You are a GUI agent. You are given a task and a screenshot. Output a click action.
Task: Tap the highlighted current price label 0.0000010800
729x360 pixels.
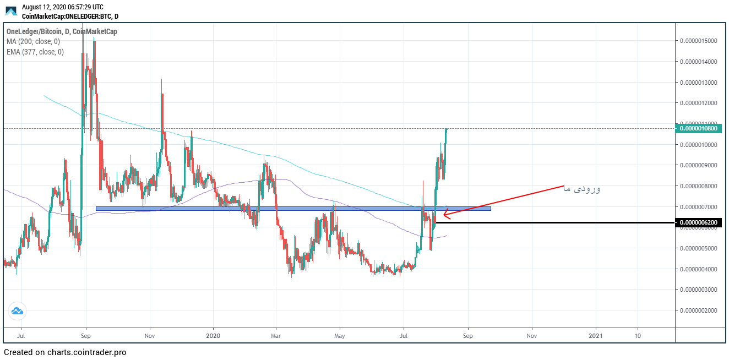(x=698, y=128)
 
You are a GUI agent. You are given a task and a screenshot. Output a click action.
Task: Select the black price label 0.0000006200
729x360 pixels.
(x=698, y=222)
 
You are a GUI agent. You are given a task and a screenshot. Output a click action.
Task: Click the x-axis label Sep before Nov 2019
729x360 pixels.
(x=85, y=335)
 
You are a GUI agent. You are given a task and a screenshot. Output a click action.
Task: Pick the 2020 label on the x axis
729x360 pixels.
(x=213, y=335)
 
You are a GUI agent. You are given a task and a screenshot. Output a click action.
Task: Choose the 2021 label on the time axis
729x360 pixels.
(x=596, y=335)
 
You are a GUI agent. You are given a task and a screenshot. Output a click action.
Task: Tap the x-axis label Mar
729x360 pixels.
(x=276, y=335)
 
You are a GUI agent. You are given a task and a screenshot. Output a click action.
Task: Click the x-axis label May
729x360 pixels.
(x=340, y=335)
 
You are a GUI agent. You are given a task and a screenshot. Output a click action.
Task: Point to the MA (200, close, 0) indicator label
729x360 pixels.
(x=33, y=42)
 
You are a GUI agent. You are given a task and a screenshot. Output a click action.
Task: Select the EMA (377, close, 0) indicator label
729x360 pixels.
(x=35, y=52)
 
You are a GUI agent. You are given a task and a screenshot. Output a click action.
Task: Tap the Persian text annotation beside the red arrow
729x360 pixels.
(x=582, y=189)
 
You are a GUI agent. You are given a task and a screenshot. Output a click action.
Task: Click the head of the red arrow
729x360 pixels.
(x=445, y=214)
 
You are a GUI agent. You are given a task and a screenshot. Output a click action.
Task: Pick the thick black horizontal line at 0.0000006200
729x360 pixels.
(x=551, y=222)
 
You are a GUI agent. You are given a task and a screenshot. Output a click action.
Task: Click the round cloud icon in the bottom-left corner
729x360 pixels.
(x=17, y=311)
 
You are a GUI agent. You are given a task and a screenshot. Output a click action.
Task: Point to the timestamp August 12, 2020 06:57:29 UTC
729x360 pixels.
(x=62, y=7)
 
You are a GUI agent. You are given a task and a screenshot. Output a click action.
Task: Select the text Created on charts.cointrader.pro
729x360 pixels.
(x=65, y=352)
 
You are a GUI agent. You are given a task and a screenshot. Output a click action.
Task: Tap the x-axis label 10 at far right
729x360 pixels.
(x=637, y=335)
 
